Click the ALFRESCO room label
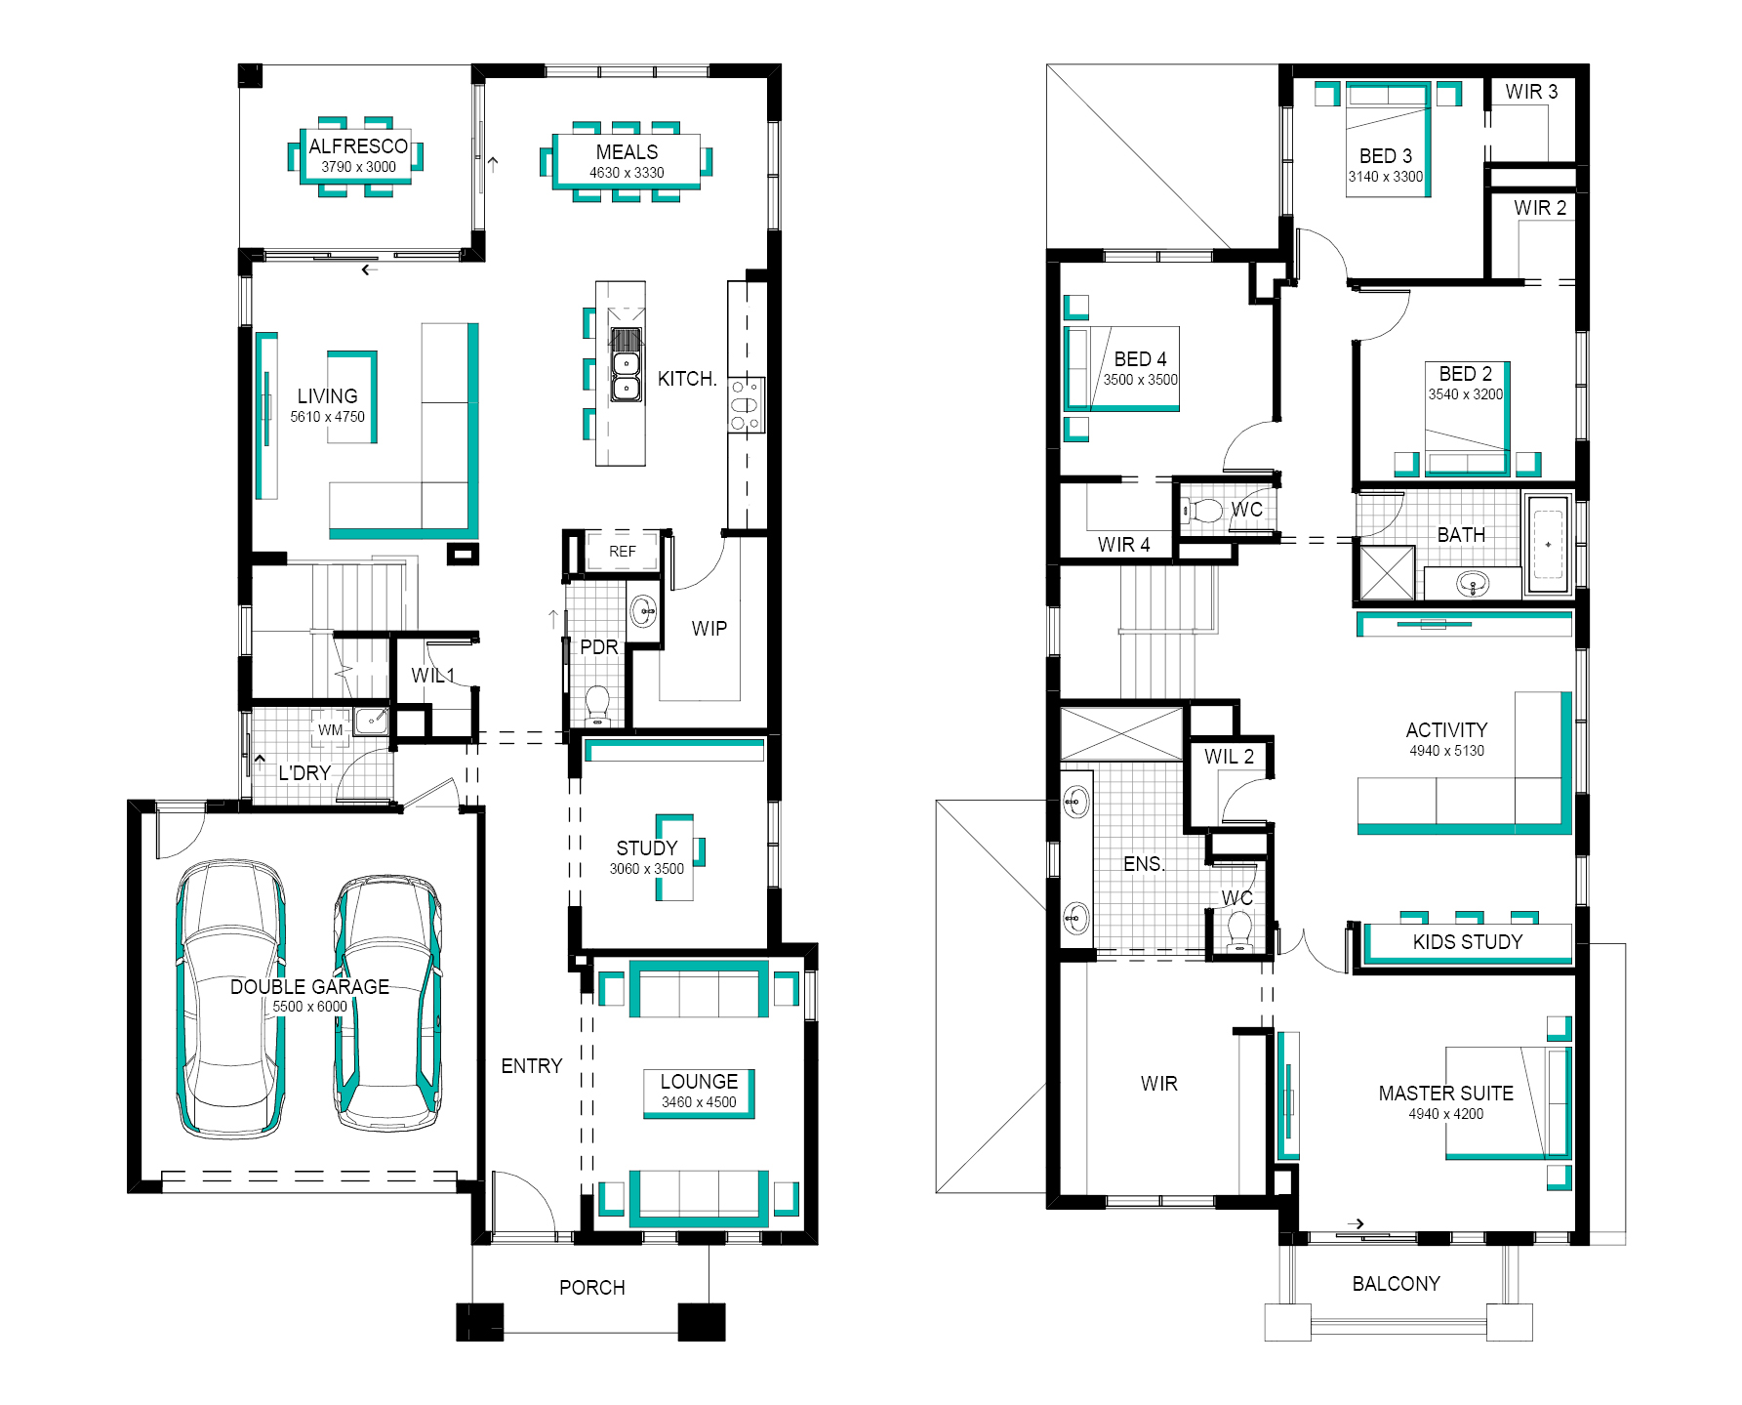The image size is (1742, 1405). pyautogui.click(x=358, y=145)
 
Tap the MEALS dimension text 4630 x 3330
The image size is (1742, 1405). pyautogui.click(x=627, y=173)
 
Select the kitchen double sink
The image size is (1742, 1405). pyautogui.click(x=626, y=364)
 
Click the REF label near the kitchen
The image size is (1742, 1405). pyautogui.click(x=622, y=552)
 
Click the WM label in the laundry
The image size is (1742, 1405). pyautogui.click(x=330, y=729)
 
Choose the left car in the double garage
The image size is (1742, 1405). pyautogui.click(x=230, y=998)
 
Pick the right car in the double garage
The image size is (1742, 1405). pyautogui.click(x=387, y=1004)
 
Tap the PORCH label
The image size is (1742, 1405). pyautogui.click(x=591, y=1287)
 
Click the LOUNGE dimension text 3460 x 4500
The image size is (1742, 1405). pyautogui.click(x=699, y=1102)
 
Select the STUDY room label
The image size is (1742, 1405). pyautogui.click(x=646, y=847)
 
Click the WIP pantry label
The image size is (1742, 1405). pyautogui.click(x=709, y=629)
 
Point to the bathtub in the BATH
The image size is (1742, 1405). pyautogui.click(x=1548, y=544)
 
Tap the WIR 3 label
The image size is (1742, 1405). pyautogui.click(x=1531, y=92)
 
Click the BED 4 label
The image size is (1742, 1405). pyautogui.click(x=1140, y=359)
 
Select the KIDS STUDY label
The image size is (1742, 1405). pyautogui.click(x=1468, y=941)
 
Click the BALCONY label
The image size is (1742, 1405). pyautogui.click(x=1396, y=1283)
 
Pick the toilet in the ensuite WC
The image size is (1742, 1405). pyautogui.click(x=1239, y=930)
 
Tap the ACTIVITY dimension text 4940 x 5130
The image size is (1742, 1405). pyautogui.click(x=1446, y=751)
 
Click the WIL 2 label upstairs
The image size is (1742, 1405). pyautogui.click(x=1229, y=757)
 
